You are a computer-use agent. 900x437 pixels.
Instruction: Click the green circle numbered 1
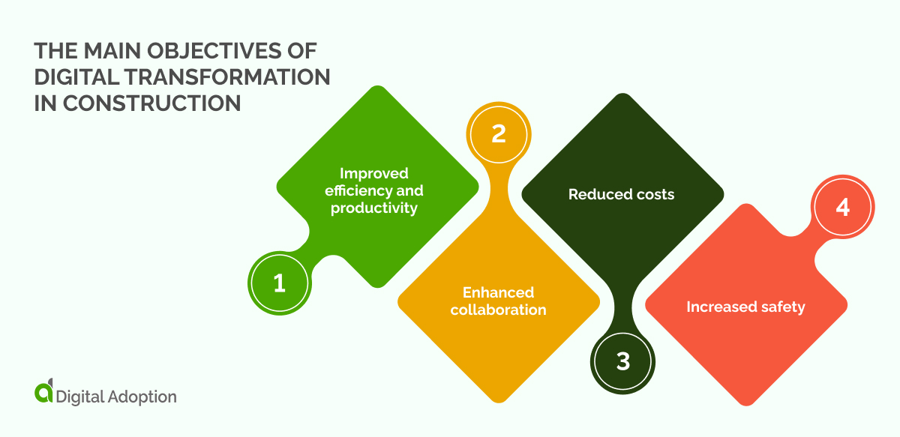pos(279,283)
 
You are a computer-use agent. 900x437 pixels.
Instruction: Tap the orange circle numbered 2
pos(498,133)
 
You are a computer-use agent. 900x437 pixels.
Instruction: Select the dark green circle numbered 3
pos(622,361)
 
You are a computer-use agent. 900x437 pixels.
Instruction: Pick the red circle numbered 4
pos(843,207)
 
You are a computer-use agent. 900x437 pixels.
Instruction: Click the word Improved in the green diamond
pos(373,173)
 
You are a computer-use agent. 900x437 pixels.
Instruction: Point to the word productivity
pos(373,208)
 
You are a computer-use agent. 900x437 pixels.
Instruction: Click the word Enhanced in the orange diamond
pos(498,292)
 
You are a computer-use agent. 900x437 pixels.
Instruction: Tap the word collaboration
pos(498,310)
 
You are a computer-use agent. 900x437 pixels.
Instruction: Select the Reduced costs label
pos(621,195)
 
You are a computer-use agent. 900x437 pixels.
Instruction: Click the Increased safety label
pos(745,307)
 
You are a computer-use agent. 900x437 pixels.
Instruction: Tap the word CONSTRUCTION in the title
pos(151,103)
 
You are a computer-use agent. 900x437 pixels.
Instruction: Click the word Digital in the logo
pos(79,396)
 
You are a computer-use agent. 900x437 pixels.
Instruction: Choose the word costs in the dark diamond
pos(652,195)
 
